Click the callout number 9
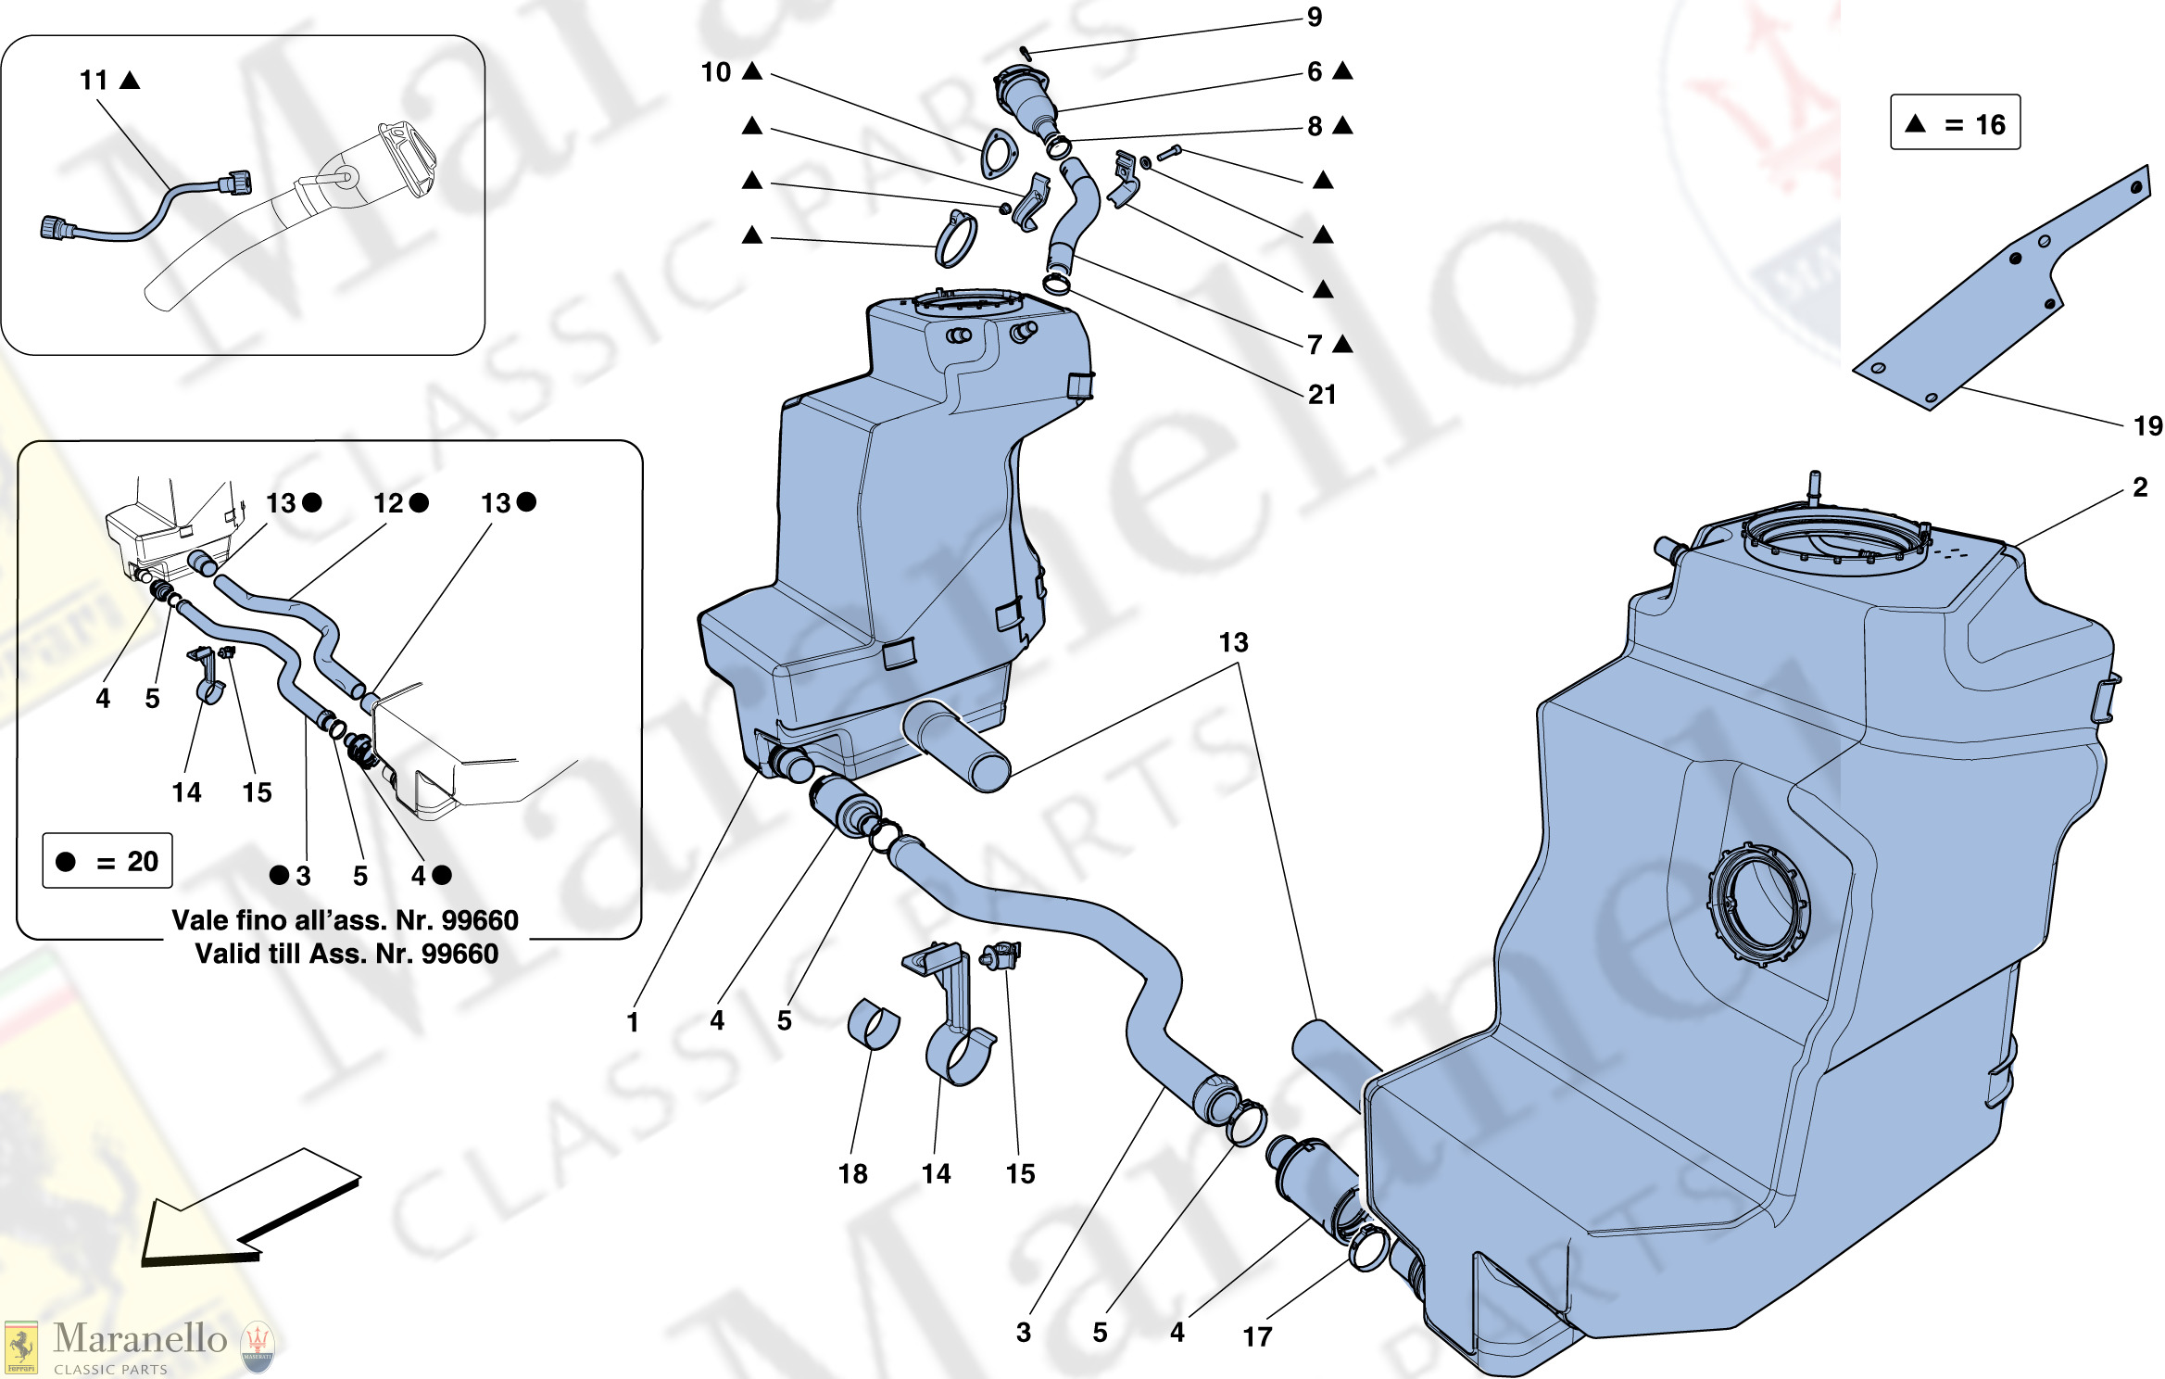[1314, 18]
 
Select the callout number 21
[1322, 395]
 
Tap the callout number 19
[2147, 425]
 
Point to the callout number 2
[2140, 487]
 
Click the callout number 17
[1257, 1336]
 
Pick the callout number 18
[852, 1174]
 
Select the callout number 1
[633, 1022]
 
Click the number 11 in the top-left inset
[94, 81]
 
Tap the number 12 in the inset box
[388, 503]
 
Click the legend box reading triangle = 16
[1955, 122]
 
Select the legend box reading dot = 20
[107, 861]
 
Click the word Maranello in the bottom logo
[140, 1338]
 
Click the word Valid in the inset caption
[223, 954]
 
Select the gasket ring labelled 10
[998, 155]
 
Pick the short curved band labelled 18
[873, 1024]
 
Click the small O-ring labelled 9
[1026, 53]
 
